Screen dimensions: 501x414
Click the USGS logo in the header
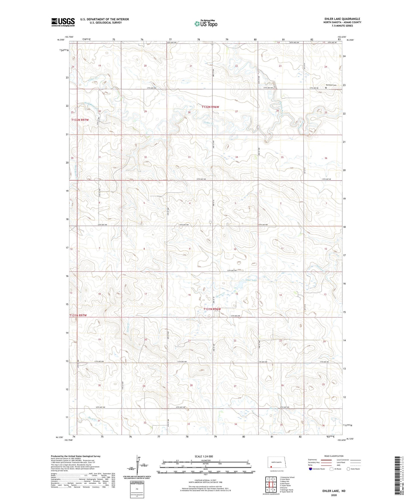click(x=63, y=22)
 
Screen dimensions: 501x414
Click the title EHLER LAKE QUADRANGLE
click(x=342, y=19)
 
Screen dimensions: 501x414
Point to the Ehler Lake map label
click(x=251, y=280)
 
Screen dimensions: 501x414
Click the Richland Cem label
click(x=331, y=85)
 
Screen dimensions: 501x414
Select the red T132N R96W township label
click(x=210, y=107)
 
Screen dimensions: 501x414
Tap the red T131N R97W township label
click(x=78, y=315)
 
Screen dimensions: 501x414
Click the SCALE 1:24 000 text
click(x=204, y=456)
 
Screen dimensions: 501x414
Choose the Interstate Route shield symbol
click(x=311, y=469)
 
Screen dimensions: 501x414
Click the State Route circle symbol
click(x=348, y=469)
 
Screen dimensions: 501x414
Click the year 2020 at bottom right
click(x=334, y=495)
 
